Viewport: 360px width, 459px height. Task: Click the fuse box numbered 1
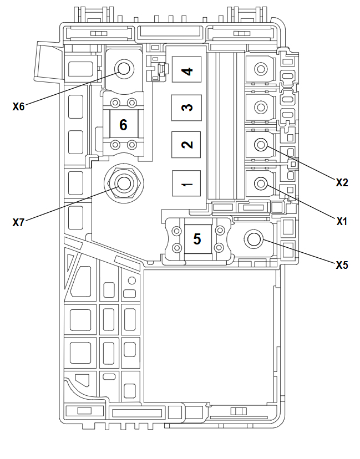tap(187, 183)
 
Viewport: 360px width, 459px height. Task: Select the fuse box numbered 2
tap(187, 145)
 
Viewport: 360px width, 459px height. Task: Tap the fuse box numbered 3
tap(187, 108)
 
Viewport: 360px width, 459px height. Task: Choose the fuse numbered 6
tap(123, 125)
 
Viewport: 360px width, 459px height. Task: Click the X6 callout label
tap(18, 107)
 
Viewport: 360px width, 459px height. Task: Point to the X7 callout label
tap(18, 223)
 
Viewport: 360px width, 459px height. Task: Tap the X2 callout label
tap(342, 182)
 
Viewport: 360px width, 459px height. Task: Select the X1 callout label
tap(342, 221)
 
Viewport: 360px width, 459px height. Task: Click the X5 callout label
tap(342, 265)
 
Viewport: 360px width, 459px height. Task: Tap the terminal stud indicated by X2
tap(260, 145)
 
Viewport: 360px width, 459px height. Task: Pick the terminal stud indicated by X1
tap(260, 182)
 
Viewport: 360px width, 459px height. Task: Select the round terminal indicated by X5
tap(253, 239)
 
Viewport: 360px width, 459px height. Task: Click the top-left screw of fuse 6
tap(115, 103)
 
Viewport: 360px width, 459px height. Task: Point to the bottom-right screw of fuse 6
tap(132, 145)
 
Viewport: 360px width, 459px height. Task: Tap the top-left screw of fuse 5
tap(177, 230)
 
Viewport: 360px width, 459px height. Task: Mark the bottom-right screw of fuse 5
tap(219, 247)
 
